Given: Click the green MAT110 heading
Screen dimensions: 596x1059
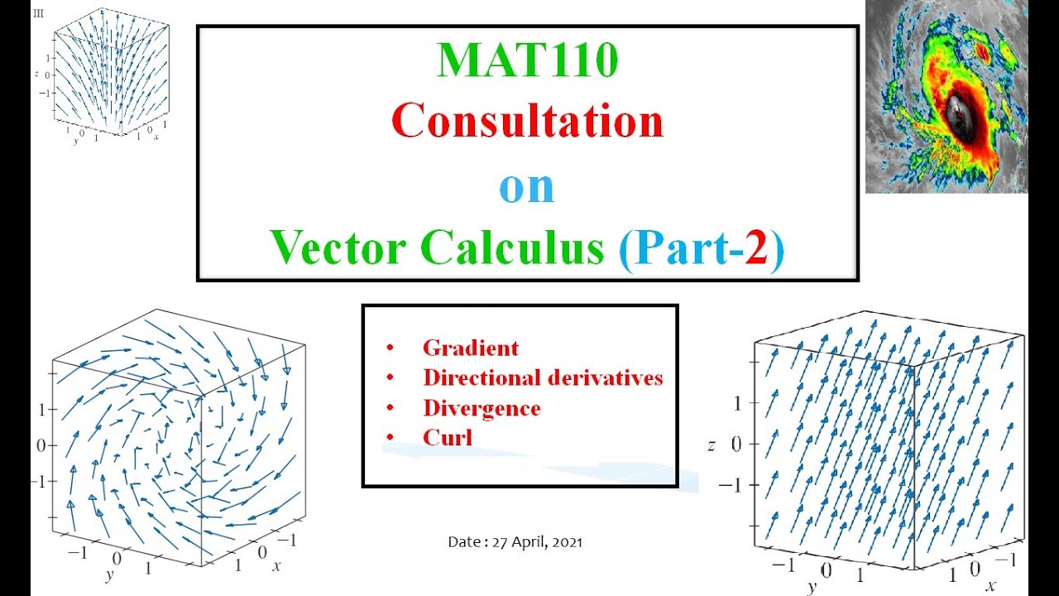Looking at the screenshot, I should [x=527, y=60].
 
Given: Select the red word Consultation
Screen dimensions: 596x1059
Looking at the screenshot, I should [x=527, y=122].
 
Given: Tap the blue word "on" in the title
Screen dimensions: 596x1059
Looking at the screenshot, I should [x=526, y=187].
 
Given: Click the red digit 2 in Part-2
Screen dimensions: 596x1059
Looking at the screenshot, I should [x=755, y=248].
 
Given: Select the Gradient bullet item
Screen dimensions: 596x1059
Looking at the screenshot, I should [x=470, y=348].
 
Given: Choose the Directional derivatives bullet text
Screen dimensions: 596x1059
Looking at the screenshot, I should [x=543, y=377].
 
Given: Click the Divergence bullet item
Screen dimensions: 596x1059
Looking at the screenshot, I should [x=482, y=408].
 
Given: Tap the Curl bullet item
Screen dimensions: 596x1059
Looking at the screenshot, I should [x=447, y=438].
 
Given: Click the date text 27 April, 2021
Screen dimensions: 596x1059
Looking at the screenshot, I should [x=537, y=542].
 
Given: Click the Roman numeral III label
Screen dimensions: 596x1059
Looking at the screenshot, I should [x=37, y=13].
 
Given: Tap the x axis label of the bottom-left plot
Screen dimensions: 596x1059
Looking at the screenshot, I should [x=276, y=565].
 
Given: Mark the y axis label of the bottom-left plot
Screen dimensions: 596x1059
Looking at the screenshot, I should [x=108, y=574].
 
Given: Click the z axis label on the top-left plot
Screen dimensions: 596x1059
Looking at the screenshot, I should [x=36, y=74].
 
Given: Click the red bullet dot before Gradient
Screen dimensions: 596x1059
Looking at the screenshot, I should [x=390, y=348].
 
